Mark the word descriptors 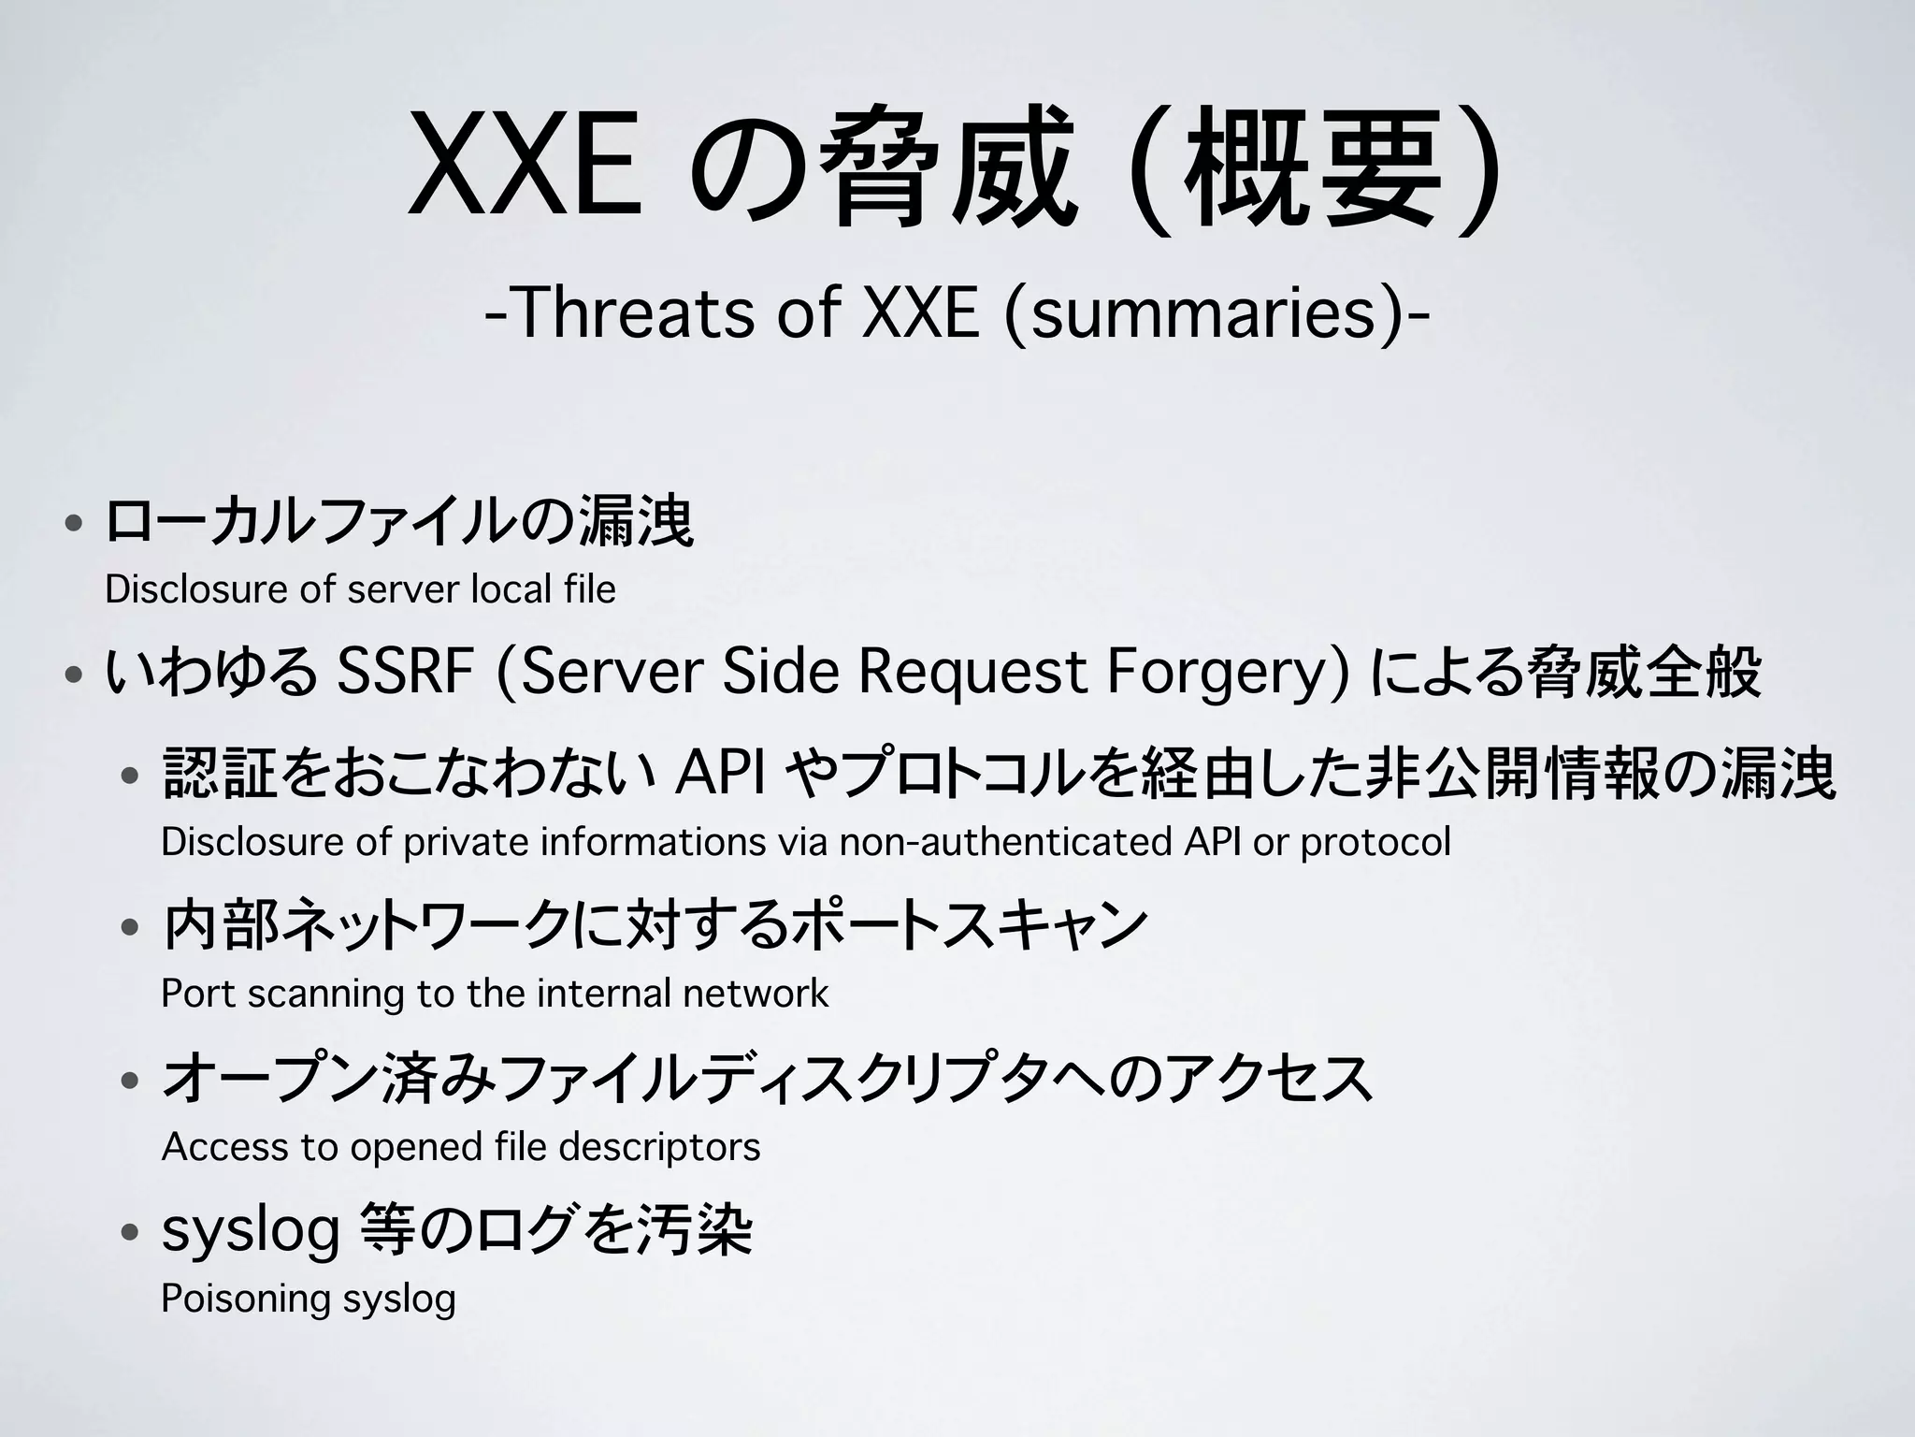pos(659,1147)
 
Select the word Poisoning pos(246,1299)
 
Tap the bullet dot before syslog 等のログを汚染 pos(131,1232)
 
